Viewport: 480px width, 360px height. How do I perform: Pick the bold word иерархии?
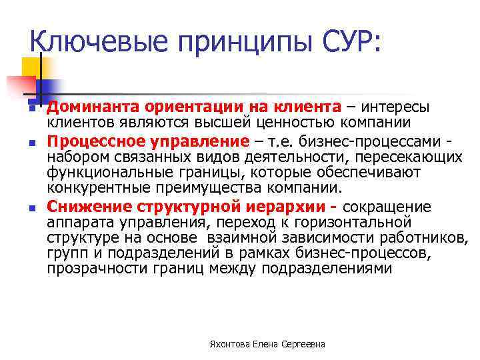269,207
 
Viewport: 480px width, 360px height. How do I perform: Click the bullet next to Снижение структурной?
31,208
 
